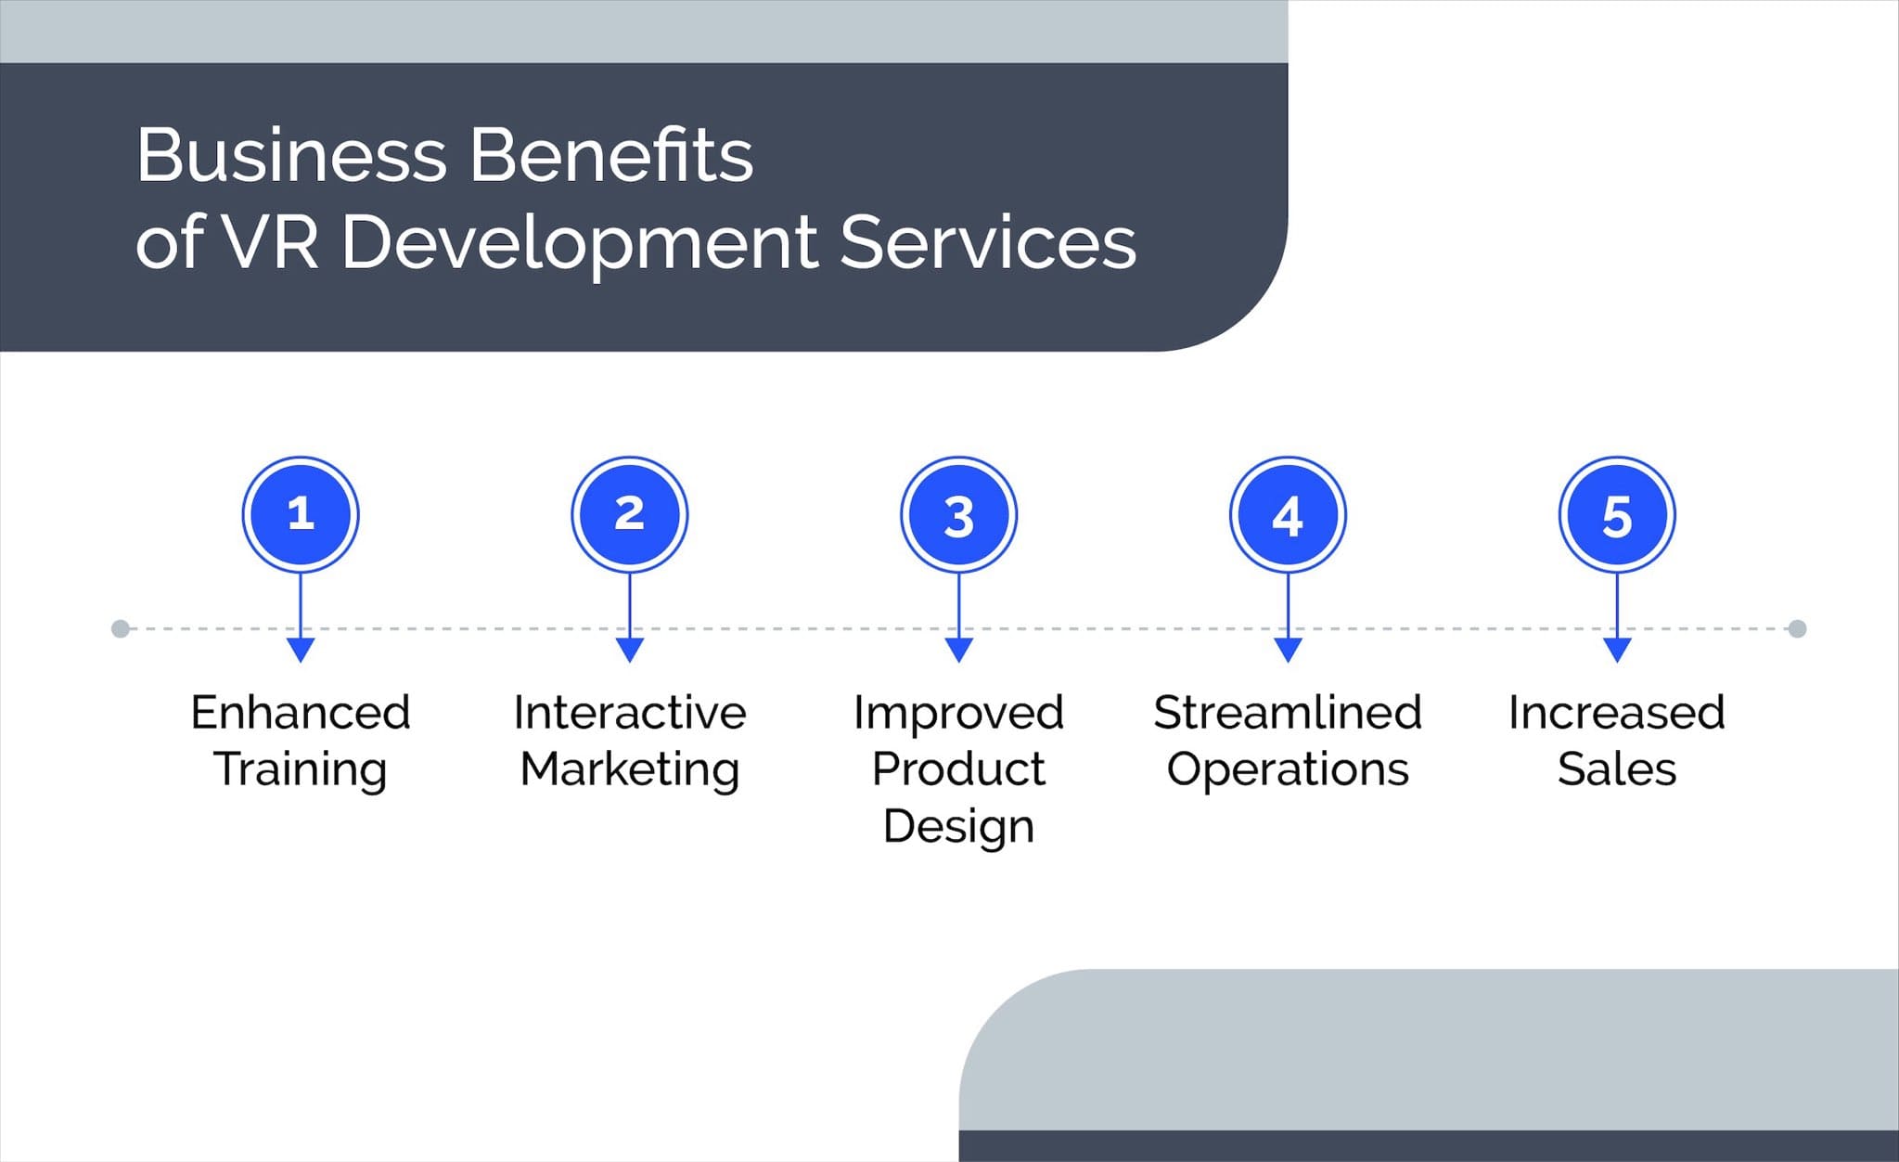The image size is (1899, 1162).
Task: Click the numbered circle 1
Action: click(x=301, y=514)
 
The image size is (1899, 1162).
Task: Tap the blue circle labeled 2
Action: click(x=630, y=514)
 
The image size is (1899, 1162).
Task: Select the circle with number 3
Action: click(x=959, y=514)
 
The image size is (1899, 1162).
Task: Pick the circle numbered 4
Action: click(x=1288, y=514)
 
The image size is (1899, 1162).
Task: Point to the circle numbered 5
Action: click(x=1617, y=514)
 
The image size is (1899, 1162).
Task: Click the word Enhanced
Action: click(x=301, y=713)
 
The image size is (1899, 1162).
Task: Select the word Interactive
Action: click(x=630, y=713)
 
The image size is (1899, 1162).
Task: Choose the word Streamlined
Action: click(x=1288, y=713)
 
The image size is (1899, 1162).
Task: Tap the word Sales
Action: click(x=1617, y=769)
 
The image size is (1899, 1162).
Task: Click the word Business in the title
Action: click(x=292, y=155)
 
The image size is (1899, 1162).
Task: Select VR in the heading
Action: click(x=271, y=242)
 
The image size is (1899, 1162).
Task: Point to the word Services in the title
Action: click(x=988, y=242)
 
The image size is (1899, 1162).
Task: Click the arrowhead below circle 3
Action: click(x=959, y=650)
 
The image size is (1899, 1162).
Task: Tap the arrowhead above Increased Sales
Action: click(x=1617, y=650)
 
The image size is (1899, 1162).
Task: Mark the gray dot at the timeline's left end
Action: click(x=121, y=629)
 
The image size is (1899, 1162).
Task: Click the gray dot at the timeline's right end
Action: click(x=1797, y=629)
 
